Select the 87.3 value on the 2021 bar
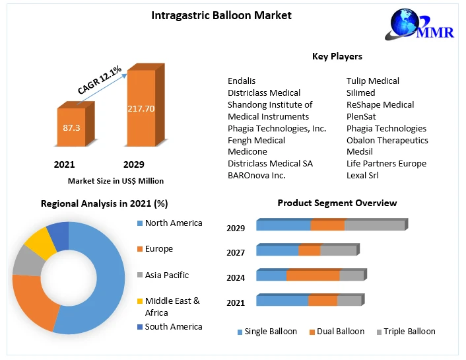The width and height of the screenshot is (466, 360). (x=71, y=127)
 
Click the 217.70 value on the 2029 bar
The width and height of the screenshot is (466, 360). (x=141, y=108)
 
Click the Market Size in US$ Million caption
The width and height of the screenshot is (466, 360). (x=116, y=180)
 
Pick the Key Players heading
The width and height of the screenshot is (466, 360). (x=337, y=56)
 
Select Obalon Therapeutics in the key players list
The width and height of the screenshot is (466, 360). (x=387, y=140)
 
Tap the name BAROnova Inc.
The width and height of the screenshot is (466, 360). (x=256, y=175)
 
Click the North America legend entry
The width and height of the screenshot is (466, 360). (x=173, y=223)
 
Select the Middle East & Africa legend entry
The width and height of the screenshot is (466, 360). (x=172, y=306)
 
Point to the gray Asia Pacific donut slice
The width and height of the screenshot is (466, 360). (x=26, y=260)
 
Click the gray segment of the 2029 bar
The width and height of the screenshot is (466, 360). (x=374, y=226)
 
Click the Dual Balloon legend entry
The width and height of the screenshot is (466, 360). (x=339, y=332)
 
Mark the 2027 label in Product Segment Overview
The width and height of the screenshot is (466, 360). (x=236, y=252)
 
